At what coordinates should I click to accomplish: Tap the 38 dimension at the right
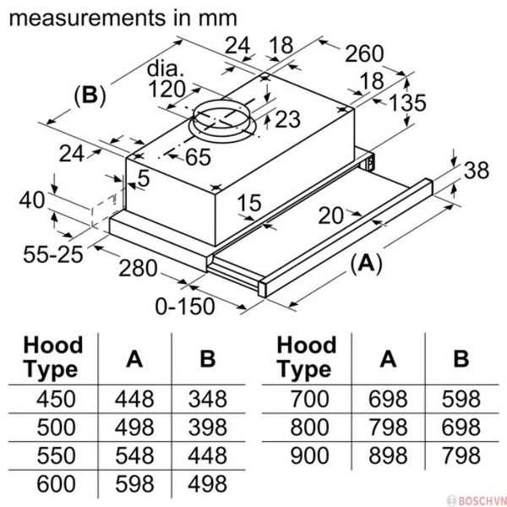(x=476, y=170)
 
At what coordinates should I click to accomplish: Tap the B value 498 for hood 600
(x=207, y=484)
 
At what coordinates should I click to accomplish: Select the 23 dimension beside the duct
(x=286, y=119)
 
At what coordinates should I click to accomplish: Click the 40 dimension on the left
(x=33, y=200)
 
